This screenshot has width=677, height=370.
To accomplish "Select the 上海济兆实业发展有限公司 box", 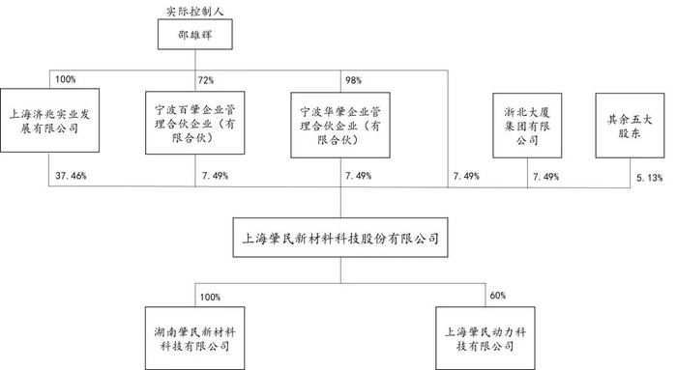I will tap(47, 121).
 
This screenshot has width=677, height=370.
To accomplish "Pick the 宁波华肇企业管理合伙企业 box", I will tap(339, 121).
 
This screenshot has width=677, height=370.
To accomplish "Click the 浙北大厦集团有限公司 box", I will tap(526, 121).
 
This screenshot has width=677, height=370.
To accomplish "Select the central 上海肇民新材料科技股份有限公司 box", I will tap(338, 236).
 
